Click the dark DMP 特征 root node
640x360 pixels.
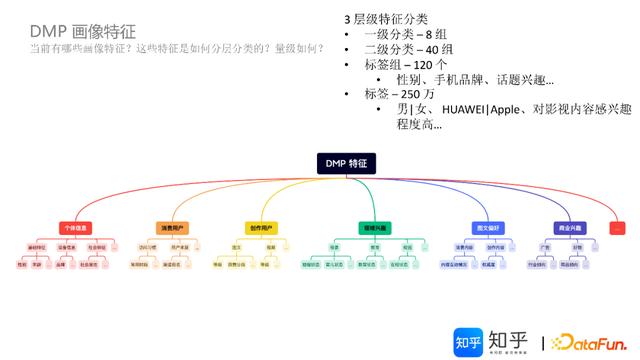[346, 161]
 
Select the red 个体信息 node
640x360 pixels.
[74, 228]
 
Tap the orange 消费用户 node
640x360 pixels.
[169, 228]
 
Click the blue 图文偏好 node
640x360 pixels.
[487, 228]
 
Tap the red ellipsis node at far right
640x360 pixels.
[617, 228]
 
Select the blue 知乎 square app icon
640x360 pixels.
[467, 341]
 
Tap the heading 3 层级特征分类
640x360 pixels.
[386, 19]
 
